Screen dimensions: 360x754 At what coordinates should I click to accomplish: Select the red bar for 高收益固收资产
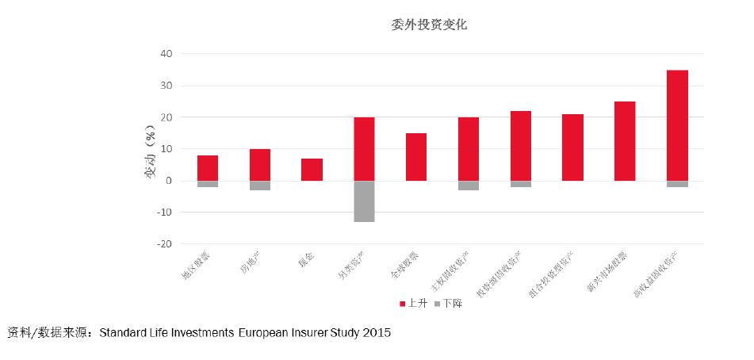click(x=677, y=125)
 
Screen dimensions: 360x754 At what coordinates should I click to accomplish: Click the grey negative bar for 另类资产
click(x=364, y=201)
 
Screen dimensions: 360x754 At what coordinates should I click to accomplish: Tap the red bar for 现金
click(x=312, y=170)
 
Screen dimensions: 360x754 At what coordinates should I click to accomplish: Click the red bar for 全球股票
click(x=416, y=157)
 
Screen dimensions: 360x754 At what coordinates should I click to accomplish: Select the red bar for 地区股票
click(x=208, y=168)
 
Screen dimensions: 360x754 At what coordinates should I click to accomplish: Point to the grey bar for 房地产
click(x=260, y=186)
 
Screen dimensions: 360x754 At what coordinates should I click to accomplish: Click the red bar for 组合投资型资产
click(x=572, y=147)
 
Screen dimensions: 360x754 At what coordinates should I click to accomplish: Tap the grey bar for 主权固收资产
click(x=469, y=186)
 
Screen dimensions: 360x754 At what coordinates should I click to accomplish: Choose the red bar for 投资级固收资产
click(x=521, y=146)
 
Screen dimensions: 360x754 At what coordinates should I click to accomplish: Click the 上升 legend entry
click(x=412, y=303)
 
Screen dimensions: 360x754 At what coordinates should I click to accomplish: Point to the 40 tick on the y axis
click(x=166, y=54)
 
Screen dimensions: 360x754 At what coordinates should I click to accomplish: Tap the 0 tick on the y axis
click(x=169, y=181)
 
